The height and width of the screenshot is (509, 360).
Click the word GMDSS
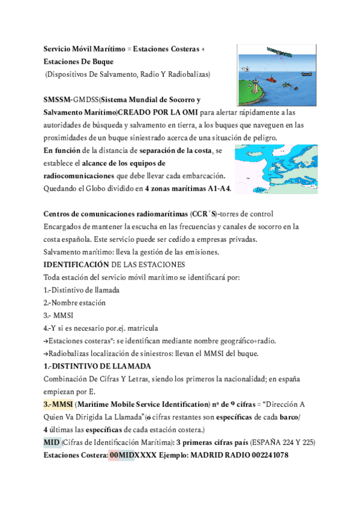coord(85,99)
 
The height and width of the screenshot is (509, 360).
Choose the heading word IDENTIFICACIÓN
coord(76,264)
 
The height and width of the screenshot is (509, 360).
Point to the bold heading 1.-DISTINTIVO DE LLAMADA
coord(97,366)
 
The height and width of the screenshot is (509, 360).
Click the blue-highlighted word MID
coord(52,442)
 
